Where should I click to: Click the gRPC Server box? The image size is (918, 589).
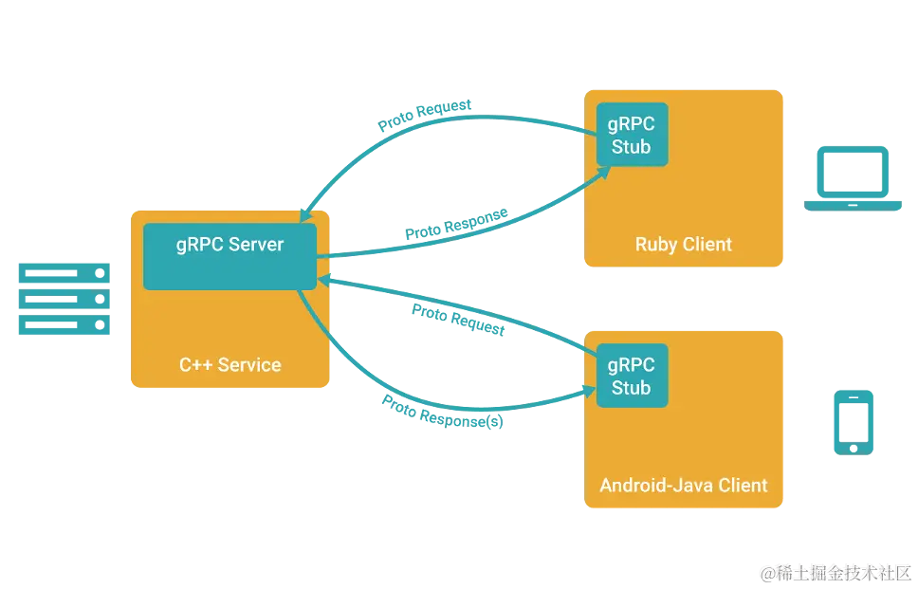[229, 256]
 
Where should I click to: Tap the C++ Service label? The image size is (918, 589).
[229, 364]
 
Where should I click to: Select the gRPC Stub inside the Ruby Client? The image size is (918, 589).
[631, 135]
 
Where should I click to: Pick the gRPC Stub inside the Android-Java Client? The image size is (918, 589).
[631, 376]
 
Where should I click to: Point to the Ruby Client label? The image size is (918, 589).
[683, 245]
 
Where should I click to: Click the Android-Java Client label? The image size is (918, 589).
[683, 486]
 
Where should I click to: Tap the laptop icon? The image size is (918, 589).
[853, 178]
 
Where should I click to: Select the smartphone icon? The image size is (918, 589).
[853, 421]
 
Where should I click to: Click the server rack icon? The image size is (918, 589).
[64, 300]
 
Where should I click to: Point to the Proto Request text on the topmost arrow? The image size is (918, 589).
[426, 115]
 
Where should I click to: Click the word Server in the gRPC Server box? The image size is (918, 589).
[256, 244]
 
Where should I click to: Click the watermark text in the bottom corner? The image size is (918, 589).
[835, 572]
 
